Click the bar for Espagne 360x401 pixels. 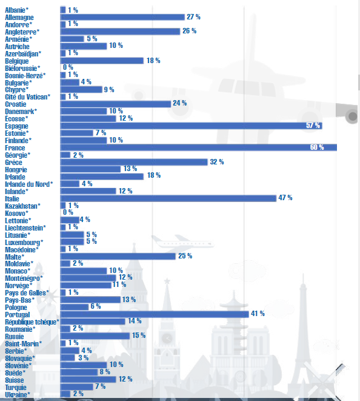tap(191, 126)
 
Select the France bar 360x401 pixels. tap(199, 147)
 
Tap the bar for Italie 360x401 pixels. tap(168, 198)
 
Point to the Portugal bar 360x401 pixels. tap(155, 314)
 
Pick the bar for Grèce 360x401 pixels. tap(134, 162)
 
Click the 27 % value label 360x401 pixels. tap(193, 17)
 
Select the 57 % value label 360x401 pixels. tap(313, 126)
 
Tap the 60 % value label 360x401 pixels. tap(317, 147)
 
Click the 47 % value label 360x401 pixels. tap(285, 198)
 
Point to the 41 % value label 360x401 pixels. tap(258, 314)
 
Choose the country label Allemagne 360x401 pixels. tap(19, 18)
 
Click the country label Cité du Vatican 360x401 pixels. tap(28, 97)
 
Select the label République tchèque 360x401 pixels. tap(32, 322)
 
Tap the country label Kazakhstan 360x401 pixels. tap(23, 206)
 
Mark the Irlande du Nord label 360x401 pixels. tap(29, 184)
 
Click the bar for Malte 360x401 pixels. tap(118, 256)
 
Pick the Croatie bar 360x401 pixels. tap(116, 104)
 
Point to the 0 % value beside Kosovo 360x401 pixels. tap(68, 212)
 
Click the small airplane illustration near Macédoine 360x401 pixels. tap(182, 241)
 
